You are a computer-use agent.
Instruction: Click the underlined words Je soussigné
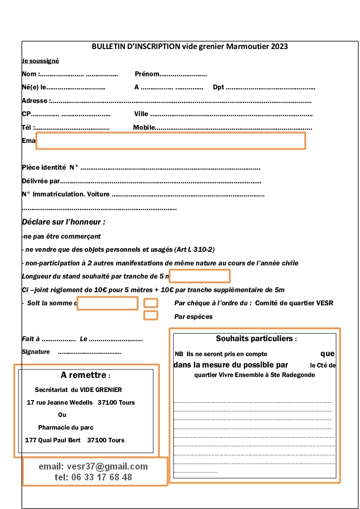pos(40,61)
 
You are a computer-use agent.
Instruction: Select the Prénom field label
pos(147,74)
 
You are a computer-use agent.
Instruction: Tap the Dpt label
pos(218,87)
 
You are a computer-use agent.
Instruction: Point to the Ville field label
pos(141,114)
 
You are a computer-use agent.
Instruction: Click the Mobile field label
pos(144,127)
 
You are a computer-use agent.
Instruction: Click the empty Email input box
pos(171,141)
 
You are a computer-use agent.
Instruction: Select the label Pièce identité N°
pos(50,167)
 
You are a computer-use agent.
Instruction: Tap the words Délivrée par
pos(41,181)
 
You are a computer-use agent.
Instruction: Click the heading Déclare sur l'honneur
pos(64,222)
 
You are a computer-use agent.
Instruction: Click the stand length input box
pos(200,276)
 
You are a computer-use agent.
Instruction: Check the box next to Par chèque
pos(151,303)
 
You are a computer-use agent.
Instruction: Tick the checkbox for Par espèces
pos(151,315)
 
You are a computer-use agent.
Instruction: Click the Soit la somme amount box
pos(108,303)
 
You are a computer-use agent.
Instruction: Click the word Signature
pos(36,352)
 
